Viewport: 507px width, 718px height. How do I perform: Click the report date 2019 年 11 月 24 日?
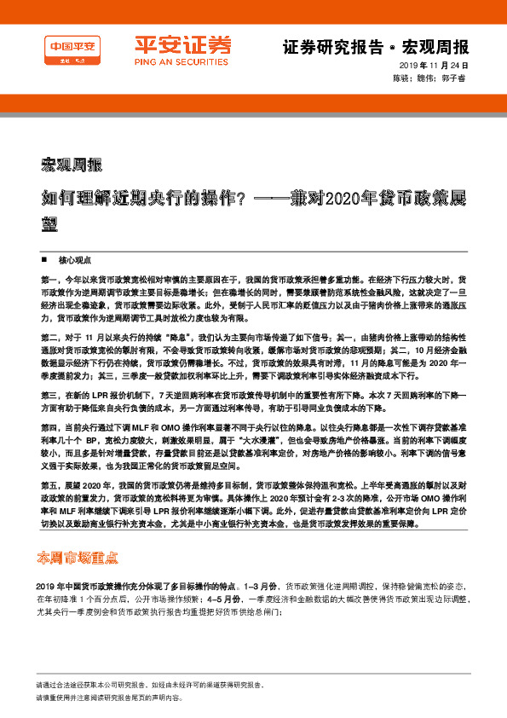coord(435,67)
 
